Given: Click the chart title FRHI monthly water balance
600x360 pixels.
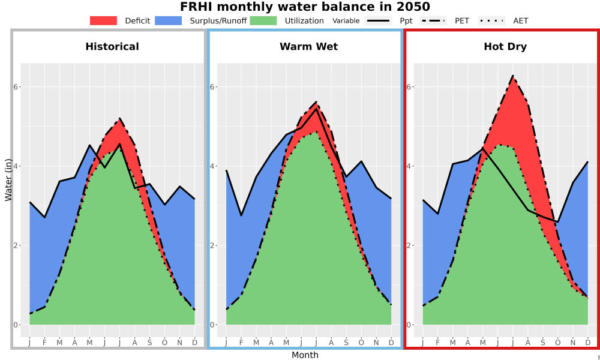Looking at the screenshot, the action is point(305,7).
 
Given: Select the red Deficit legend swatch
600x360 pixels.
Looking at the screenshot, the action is point(103,20).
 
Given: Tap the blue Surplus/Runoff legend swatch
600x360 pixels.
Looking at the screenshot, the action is point(169,20).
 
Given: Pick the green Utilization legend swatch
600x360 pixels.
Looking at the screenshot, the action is point(263,20).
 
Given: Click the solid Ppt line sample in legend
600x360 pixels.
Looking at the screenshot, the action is point(377,20).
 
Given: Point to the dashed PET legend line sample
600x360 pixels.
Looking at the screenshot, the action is point(433,20).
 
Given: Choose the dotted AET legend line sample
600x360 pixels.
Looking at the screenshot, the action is point(491,20).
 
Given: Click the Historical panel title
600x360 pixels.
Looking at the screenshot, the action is point(112,47).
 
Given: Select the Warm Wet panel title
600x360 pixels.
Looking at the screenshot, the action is point(309,47).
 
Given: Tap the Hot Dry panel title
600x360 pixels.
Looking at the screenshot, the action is point(505,47).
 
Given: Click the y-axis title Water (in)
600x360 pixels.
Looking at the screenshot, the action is point(8,180).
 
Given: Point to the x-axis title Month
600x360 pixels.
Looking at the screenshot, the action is point(305,355).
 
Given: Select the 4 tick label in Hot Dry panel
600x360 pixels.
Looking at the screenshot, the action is point(409,166).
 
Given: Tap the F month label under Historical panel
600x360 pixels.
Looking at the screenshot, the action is point(44,343).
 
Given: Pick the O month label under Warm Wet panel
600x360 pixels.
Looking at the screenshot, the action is point(361,343).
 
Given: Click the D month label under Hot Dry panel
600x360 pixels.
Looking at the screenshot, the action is point(588,343).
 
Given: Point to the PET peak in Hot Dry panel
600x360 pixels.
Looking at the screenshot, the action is point(513,76).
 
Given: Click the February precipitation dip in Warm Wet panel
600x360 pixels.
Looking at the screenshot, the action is point(241,215).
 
